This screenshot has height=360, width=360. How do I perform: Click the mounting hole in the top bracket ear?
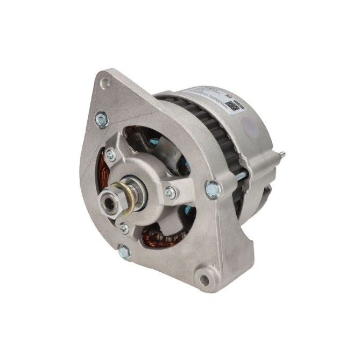coord(107,83)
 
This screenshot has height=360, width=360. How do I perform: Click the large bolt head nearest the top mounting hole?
coord(101,119)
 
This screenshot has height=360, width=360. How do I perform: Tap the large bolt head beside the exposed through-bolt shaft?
coord(214,189)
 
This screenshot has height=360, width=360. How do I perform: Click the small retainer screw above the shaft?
coord(110,156)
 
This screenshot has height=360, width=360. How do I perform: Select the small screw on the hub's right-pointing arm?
coord(170,192)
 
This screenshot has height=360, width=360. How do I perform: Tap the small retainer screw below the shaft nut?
coord(124,228)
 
